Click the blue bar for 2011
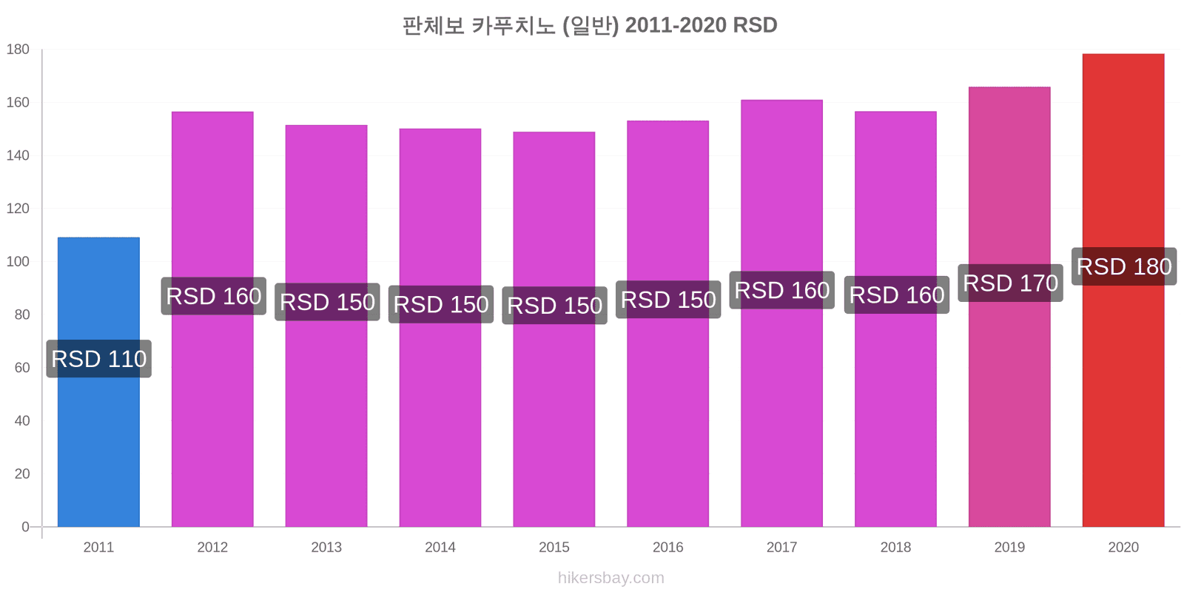tap(98, 382)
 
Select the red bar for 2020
tap(1123, 290)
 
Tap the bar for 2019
tap(1009, 306)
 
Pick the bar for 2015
tap(554, 329)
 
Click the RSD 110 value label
tap(99, 359)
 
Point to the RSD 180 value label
tap(1124, 266)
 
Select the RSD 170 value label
tap(1011, 283)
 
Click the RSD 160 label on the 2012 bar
tap(214, 296)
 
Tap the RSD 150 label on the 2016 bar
tap(668, 300)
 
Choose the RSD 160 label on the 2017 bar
tap(781, 290)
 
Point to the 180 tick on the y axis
tap(18, 49)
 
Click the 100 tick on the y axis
tap(18, 262)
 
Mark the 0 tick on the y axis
tap(25, 527)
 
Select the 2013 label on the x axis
tap(326, 547)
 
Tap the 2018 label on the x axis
tap(895, 547)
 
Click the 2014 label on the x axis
tap(440, 547)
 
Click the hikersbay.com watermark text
tap(611, 578)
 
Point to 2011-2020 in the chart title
tap(675, 25)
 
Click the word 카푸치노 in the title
tap(513, 25)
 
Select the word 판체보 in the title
tap(434, 25)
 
